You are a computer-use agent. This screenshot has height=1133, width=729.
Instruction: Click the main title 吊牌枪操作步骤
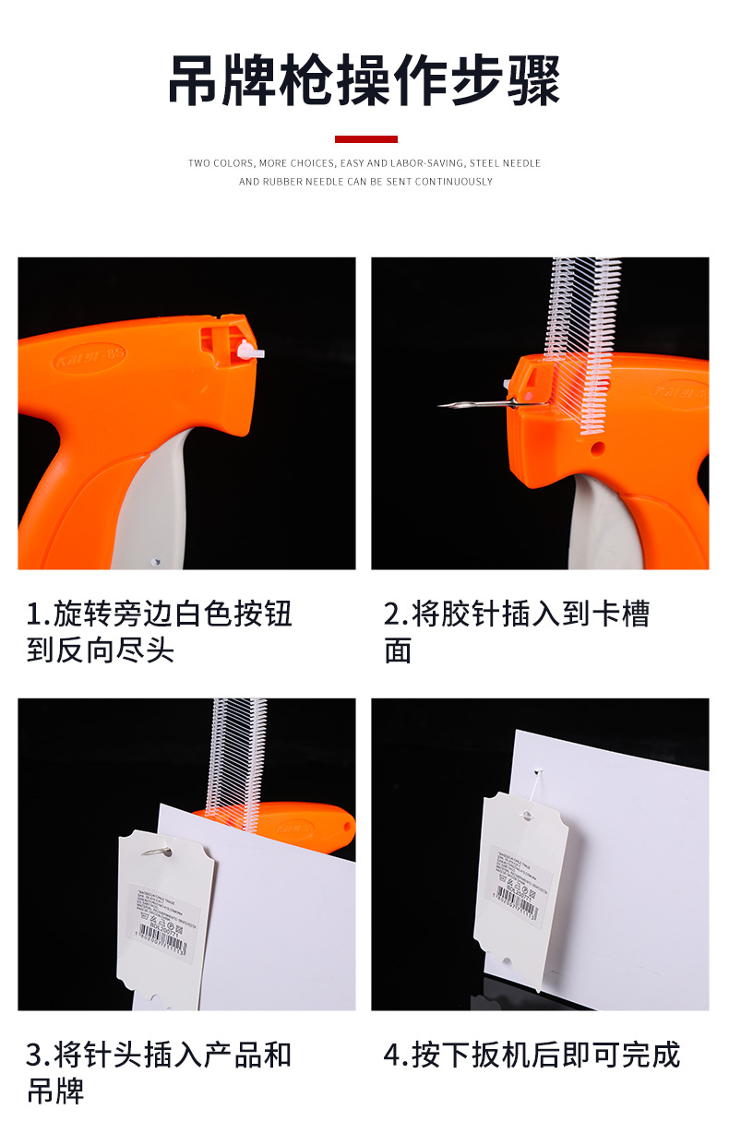pyautogui.click(x=364, y=81)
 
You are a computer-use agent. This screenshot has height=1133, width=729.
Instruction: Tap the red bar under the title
pyautogui.click(x=365, y=139)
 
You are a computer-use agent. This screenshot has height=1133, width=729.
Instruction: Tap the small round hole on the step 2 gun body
pyautogui.click(x=598, y=448)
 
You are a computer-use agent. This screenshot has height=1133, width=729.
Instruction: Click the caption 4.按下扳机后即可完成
pyautogui.click(x=532, y=1055)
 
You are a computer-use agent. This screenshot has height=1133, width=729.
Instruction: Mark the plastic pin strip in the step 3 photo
pyautogui.click(x=236, y=757)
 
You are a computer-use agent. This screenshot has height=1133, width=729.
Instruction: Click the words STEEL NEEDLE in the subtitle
pyautogui.click(x=507, y=163)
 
